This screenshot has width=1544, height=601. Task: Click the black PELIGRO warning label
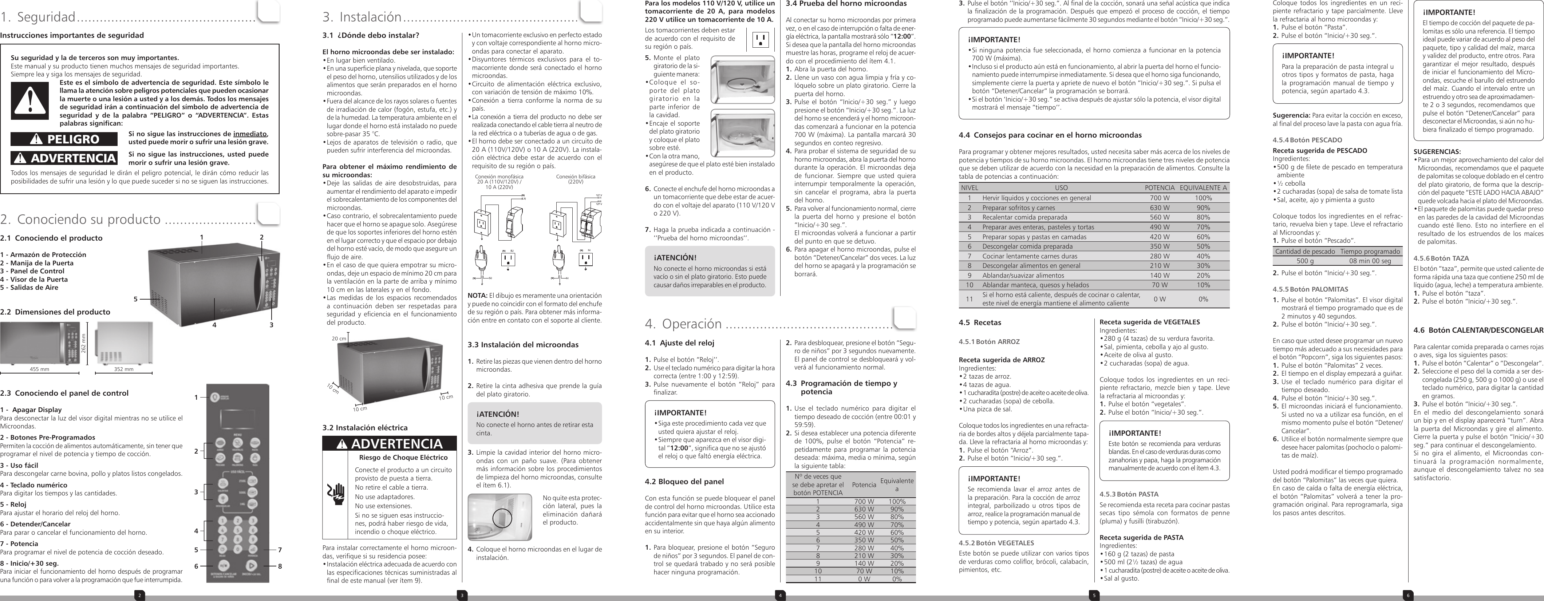coord(64,139)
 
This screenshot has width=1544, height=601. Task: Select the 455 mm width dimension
coord(40,369)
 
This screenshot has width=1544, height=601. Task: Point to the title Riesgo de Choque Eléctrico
coord(403,457)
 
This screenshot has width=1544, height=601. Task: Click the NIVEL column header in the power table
coord(969,187)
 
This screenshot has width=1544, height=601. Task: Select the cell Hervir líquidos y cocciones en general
coord(1036,198)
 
